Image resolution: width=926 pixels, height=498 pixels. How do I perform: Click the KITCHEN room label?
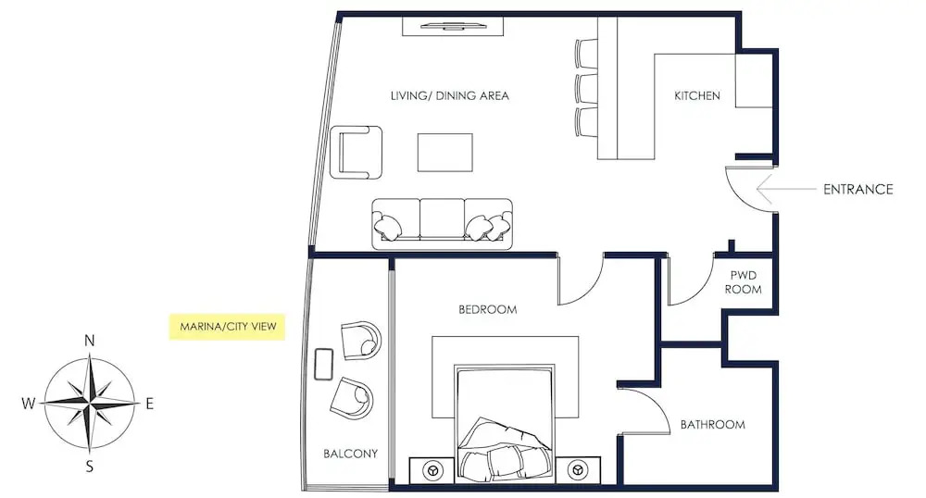(x=697, y=95)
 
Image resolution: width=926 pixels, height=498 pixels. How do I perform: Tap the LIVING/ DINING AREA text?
(x=449, y=95)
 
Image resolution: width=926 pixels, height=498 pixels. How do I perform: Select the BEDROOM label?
(x=488, y=309)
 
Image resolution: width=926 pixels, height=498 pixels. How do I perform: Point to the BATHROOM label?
(x=712, y=424)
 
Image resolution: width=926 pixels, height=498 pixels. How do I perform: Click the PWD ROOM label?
(x=743, y=282)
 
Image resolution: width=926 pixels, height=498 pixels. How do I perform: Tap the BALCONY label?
(x=350, y=454)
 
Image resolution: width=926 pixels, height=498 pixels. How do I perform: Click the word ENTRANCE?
(x=858, y=189)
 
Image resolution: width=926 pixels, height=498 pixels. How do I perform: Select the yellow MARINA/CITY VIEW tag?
(x=228, y=327)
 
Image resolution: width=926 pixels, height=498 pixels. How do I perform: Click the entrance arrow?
(x=785, y=189)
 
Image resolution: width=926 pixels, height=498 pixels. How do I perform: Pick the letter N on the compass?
(x=89, y=341)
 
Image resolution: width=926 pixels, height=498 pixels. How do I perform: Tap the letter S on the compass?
(x=90, y=467)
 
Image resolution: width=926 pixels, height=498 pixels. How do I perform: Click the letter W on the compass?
(x=29, y=404)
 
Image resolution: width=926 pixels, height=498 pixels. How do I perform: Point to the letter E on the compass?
(x=149, y=404)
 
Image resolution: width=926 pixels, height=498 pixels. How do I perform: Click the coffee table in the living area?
(x=444, y=152)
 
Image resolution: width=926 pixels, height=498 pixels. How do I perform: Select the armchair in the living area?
(x=357, y=152)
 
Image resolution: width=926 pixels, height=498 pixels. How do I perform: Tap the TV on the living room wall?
(x=453, y=26)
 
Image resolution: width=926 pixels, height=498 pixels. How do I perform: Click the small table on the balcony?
(x=323, y=364)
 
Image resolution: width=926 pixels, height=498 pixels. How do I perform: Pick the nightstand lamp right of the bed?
(x=577, y=471)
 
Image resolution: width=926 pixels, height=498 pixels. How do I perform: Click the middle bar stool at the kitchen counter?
(x=587, y=88)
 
